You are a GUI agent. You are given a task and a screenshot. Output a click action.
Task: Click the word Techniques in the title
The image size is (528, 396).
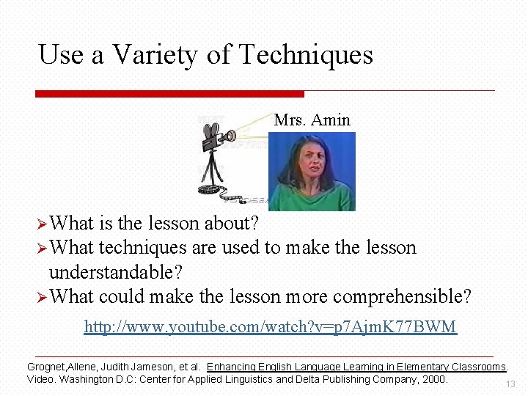point(306,55)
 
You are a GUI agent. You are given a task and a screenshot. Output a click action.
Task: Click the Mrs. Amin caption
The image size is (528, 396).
point(312,120)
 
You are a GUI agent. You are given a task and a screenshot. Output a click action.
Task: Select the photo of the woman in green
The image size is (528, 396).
point(312,172)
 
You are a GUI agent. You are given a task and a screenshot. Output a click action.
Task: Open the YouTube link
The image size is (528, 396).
point(270,326)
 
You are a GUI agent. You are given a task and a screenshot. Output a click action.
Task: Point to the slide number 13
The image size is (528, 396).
point(511,384)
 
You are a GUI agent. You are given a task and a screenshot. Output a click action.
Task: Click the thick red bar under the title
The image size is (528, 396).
point(169,94)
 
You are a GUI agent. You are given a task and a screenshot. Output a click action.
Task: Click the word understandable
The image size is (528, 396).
point(115,272)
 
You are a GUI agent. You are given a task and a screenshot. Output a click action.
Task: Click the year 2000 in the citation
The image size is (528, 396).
point(434,379)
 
